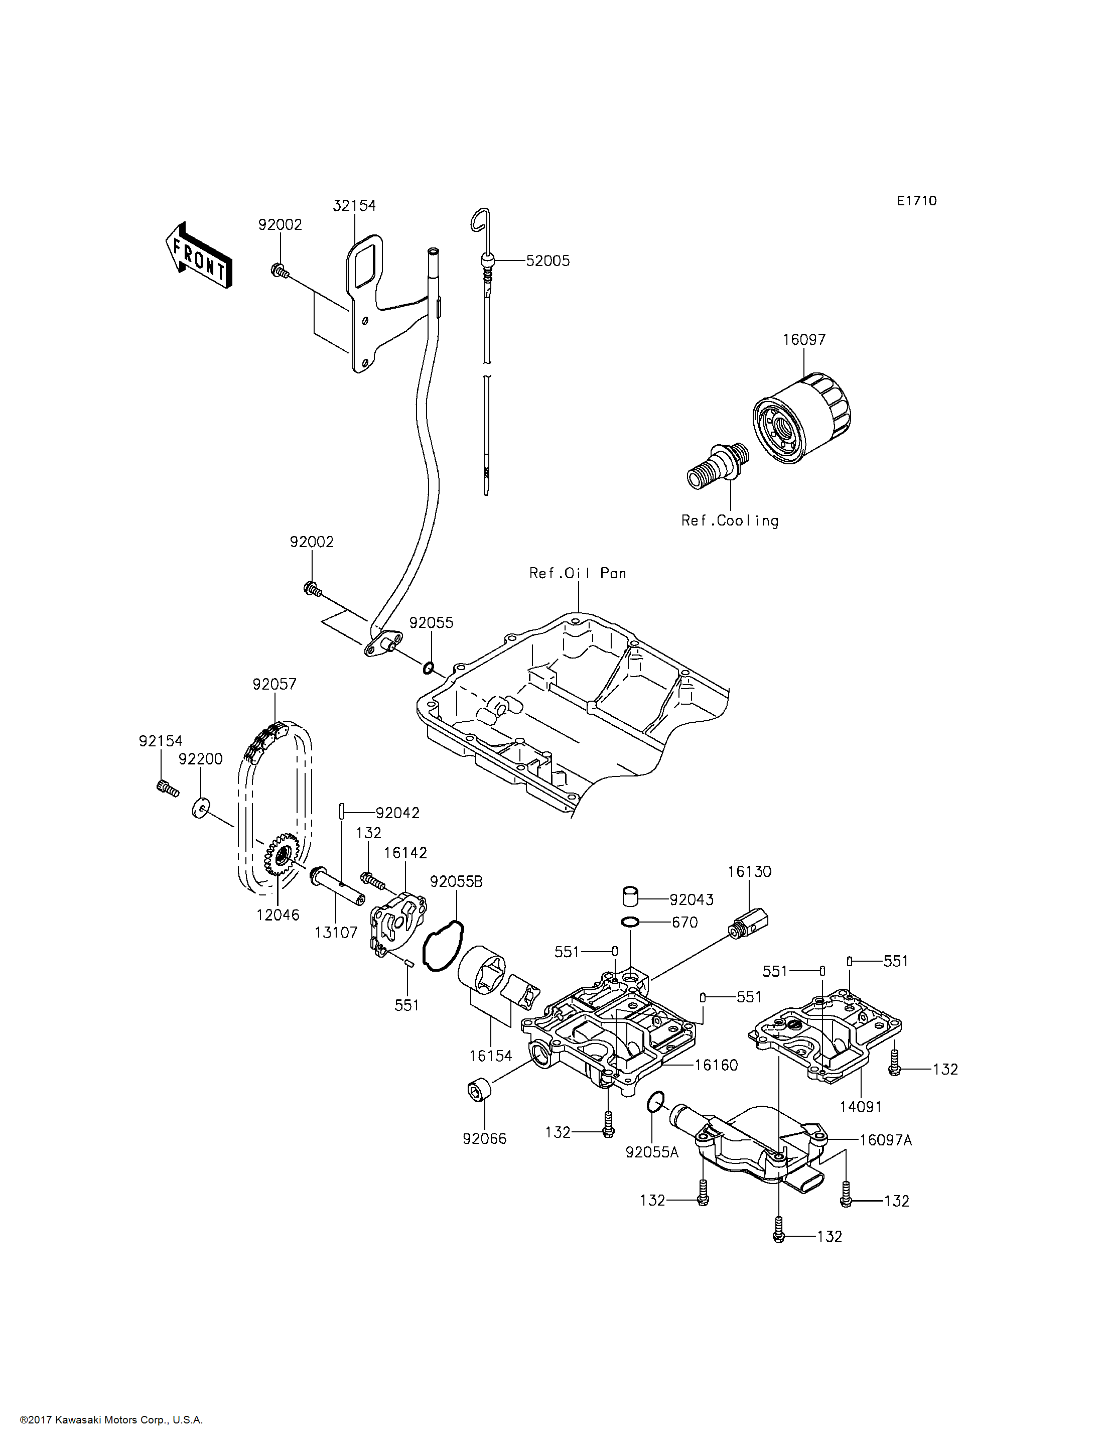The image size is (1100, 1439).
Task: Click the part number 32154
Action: tap(354, 206)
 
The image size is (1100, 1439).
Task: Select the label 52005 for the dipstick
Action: tap(548, 260)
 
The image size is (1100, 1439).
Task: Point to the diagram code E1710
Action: tap(917, 201)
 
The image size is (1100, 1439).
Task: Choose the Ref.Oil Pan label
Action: tap(578, 573)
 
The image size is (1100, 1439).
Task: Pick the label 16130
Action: tap(749, 871)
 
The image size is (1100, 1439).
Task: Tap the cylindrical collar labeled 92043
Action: tap(630, 896)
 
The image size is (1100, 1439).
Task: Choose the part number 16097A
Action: tap(885, 1140)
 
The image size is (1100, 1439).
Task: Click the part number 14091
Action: tap(860, 1106)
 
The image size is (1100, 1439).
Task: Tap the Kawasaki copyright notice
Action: tap(111, 1420)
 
